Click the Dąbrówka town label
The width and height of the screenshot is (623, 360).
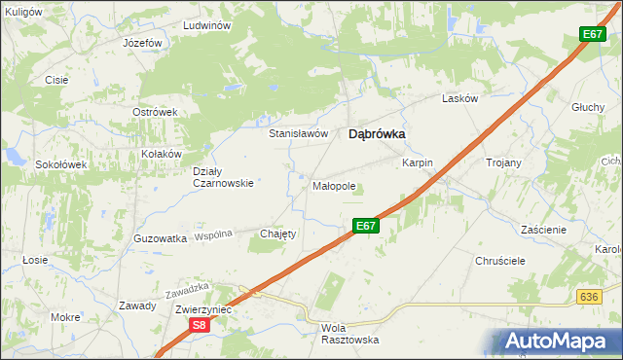click(x=377, y=136)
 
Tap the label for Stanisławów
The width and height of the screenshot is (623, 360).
click(x=298, y=133)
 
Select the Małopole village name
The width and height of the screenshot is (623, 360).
click(x=334, y=185)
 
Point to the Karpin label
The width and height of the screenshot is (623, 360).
click(x=417, y=163)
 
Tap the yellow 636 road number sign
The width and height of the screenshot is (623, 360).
click(x=587, y=297)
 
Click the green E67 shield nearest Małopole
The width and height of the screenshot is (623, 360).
click(x=365, y=226)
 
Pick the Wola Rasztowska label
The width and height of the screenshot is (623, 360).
click(x=348, y=334)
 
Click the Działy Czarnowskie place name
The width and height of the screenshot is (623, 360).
click(x=223, y=176)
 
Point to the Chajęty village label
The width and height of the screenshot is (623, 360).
click(x=277, y=234)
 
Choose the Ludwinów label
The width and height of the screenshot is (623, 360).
click(x=205, y=25)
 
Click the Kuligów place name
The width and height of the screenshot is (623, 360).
click(x=22, y=11)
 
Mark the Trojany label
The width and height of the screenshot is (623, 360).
click(x=503, y=162)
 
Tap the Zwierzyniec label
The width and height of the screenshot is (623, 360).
click(x=201, y=308)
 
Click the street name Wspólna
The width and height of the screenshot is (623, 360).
click(x=213, y=235)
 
